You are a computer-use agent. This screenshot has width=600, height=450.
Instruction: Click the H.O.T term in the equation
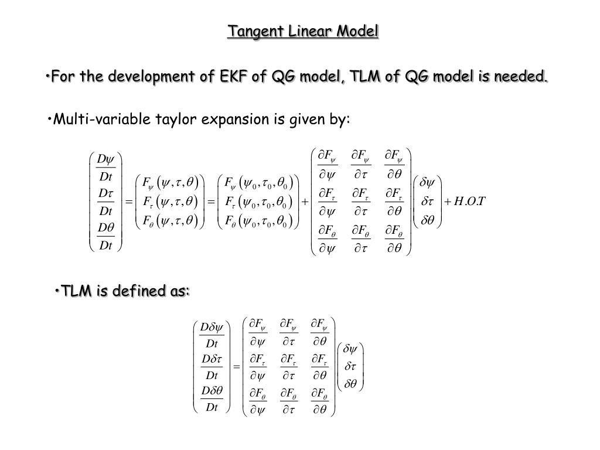point(466,202)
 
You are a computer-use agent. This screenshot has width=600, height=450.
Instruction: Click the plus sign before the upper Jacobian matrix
point(305,202)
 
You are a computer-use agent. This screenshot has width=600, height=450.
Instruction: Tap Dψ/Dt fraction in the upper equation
point(105,168)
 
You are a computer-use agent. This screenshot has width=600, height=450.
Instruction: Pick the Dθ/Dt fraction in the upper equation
point(105,236)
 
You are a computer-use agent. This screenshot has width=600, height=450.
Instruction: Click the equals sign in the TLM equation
point(237,367)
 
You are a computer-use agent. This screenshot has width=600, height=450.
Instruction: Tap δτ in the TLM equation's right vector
point(350,367)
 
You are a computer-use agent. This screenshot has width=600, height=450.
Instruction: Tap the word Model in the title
point(358,31)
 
